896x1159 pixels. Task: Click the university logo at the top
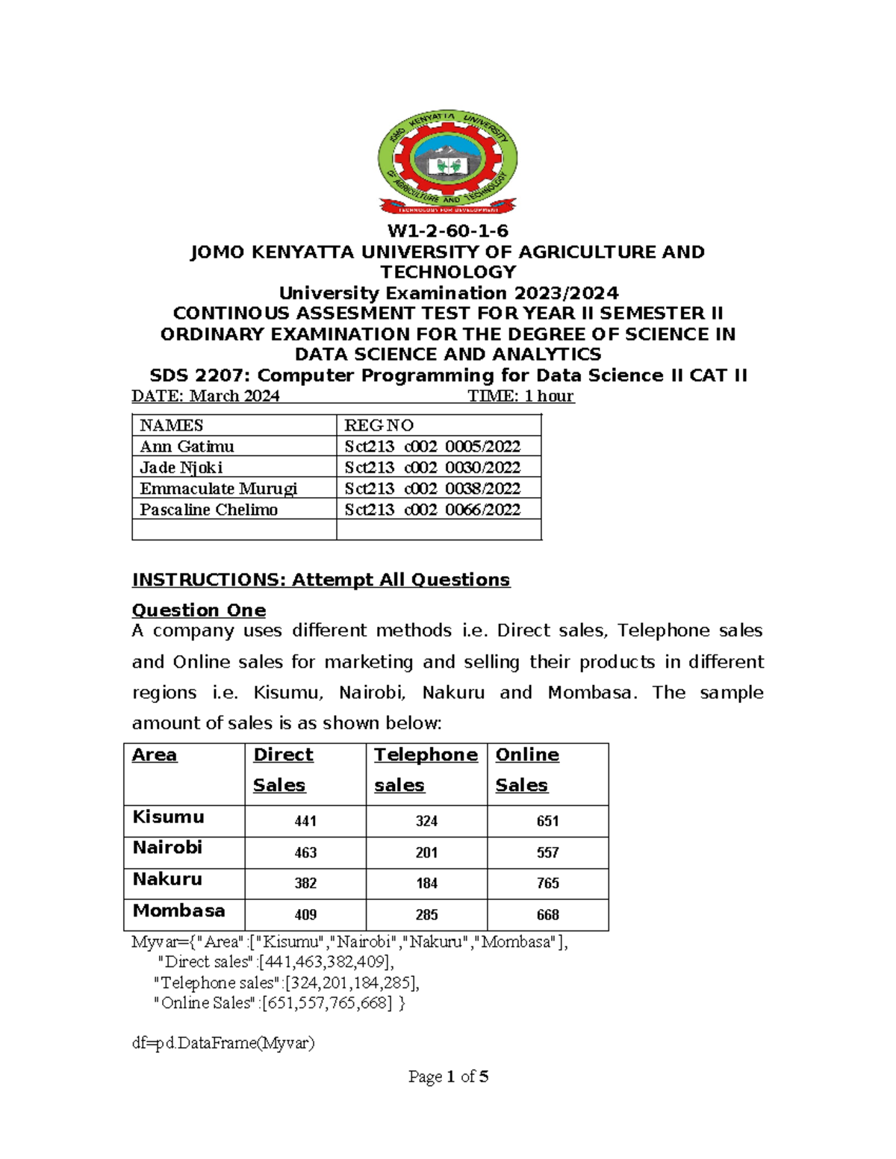click(447, 163)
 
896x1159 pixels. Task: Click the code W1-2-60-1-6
click(447, 231)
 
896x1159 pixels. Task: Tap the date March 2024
click(234, 396)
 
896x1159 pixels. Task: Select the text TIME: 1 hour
click(520, 396)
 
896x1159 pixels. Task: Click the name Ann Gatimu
click(187, 446)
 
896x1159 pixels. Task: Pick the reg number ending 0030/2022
click(432, 467)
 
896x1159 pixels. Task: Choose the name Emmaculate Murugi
click(218, 488)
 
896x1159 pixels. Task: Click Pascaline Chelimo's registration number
click(432, 510)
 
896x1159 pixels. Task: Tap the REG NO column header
click(379, 425)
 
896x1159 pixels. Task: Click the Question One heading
click(199, 610)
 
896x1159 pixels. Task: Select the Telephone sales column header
click(426, 769)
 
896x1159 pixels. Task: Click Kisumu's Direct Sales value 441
click(305, 821)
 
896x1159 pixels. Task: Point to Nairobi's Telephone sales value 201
click(426, 852)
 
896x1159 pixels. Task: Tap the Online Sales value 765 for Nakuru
click(547, 884)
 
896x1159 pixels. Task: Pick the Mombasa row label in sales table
click(178, 911)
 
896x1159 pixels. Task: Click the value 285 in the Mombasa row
click(426, 915)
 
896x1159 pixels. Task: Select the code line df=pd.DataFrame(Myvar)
click(223, 1043)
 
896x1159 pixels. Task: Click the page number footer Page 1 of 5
click(448, 1077)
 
